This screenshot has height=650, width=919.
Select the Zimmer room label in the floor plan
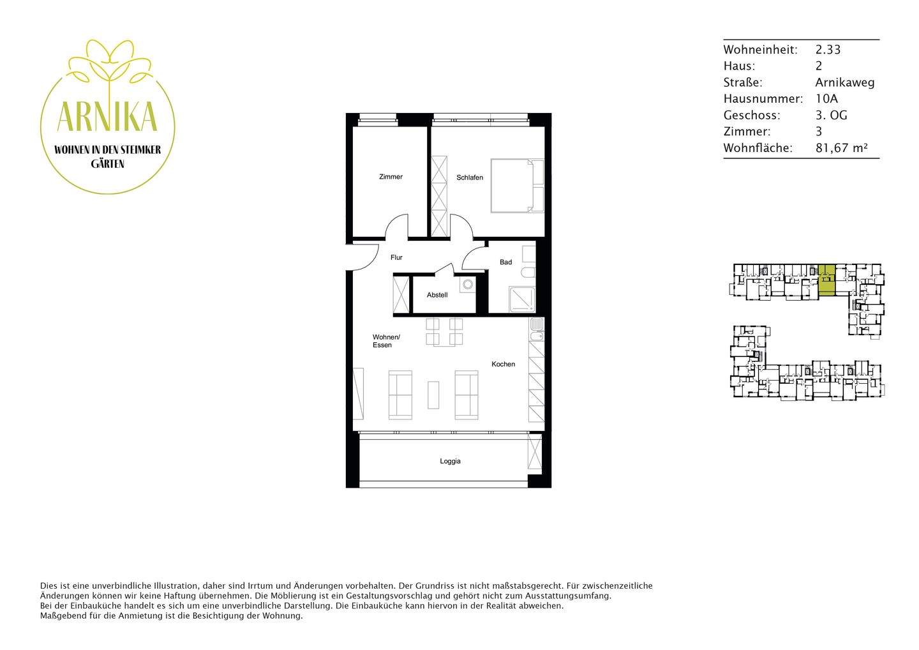click(391, 177)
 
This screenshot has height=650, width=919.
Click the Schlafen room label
click(469, 178)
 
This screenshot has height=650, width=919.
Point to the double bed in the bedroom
click(516, 185)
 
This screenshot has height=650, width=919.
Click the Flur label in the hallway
click(396, 257)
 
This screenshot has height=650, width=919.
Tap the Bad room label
click(505, 262)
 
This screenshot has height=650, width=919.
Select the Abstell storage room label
click(437, 295)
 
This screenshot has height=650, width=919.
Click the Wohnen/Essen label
click(385, 341)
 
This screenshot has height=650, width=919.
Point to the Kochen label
click(503, 364)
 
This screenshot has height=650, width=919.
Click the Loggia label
click(450, 461)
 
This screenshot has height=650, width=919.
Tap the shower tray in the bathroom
click(521, 299)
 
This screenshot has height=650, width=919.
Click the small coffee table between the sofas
click(433, 395)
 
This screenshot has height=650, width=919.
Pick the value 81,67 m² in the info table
click(841, 148)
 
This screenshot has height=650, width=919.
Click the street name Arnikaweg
click(844, 82)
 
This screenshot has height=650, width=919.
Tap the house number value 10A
click(826, 99)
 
